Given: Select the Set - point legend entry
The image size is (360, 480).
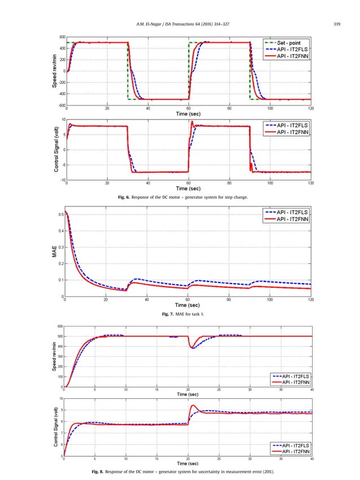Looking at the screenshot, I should click(x=288, y=42).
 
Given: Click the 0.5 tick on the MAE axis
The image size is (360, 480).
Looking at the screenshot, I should click(x=60, y=214).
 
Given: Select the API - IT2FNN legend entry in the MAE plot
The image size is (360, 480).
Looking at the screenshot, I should click(x=288, y=219).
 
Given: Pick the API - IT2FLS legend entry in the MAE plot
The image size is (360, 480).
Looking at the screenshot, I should click(x=288, y=212).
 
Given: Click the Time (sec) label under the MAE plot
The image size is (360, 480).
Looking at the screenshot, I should click(x=188, y=305).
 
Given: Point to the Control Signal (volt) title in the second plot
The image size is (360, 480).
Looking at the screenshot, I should click(x=56, y=149).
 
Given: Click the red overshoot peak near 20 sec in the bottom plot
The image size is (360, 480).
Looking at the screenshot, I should click(x=193, y=405).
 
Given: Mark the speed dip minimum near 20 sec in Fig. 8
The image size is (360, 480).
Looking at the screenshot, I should click(x=193, y=348).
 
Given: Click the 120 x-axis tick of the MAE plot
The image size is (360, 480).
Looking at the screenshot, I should click(x=311, y=300).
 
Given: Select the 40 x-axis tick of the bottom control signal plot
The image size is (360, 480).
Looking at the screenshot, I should click(x=312, y=459).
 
